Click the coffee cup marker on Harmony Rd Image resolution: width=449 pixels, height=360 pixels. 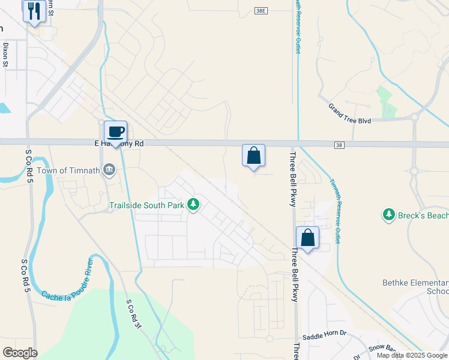click(x=116, y=133)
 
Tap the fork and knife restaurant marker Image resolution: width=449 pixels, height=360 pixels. click(x=34, y=10)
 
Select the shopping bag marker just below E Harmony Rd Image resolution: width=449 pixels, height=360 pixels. click(x=254, y=155)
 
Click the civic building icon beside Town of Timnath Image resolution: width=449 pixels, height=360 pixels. click(x=109, y=170)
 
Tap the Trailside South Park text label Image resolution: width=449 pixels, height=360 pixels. click(x=146, y=205)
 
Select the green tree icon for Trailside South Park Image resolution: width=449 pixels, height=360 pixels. click(x=193, y=205)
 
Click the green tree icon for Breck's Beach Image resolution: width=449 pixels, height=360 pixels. click(x=389, y=214)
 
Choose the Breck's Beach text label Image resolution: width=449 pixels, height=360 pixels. click(x=423, y=215)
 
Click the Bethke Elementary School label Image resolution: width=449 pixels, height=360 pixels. click(x=415, y=286)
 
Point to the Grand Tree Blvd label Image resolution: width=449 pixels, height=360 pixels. click(x=349, y=114)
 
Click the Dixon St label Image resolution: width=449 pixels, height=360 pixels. click(x=5, y=54)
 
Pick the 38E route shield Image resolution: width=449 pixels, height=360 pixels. click(x=260, y=11)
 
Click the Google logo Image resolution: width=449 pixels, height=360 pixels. click(x=20, y=353)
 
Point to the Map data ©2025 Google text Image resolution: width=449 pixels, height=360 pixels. click(x=411, y=355)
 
